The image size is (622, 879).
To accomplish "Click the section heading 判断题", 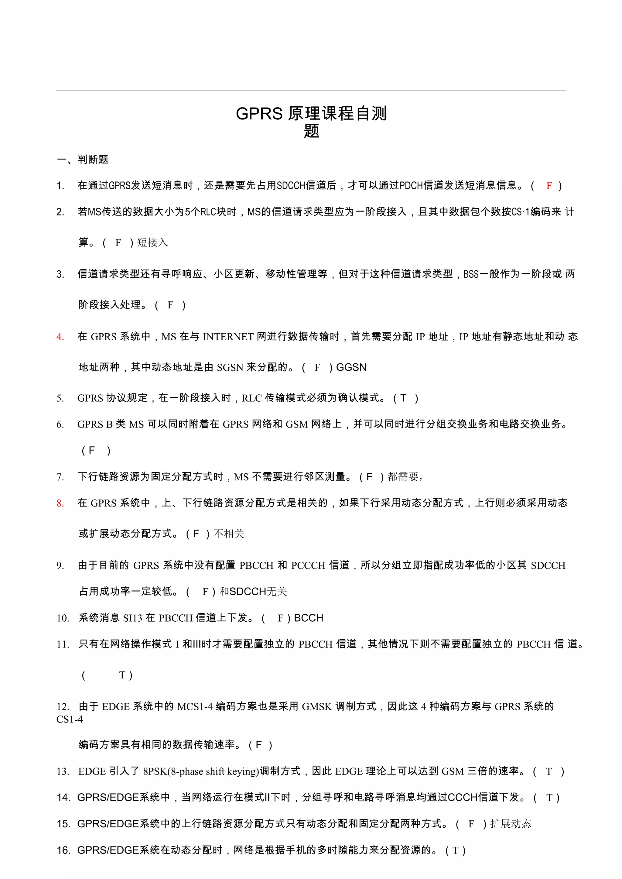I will click(93, 160).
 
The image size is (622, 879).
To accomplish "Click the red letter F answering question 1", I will click(549, 186).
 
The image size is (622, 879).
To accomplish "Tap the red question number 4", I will click(60, 337).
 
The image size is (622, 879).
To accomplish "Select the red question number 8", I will click(60, 503).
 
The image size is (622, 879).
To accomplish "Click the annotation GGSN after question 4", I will click(351, 367).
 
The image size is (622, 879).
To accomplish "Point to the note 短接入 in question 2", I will click(152, 242).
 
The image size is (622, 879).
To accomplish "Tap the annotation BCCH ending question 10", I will click(308, 618).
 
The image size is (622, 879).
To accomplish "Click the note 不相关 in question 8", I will click(229, 534).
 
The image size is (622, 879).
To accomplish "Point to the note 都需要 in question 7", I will click(403, 477).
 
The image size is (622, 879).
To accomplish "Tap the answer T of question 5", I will click(403, 398).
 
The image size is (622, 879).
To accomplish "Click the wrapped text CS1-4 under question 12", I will click(70, 719).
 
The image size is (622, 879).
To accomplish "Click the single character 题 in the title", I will click(311, 131).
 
